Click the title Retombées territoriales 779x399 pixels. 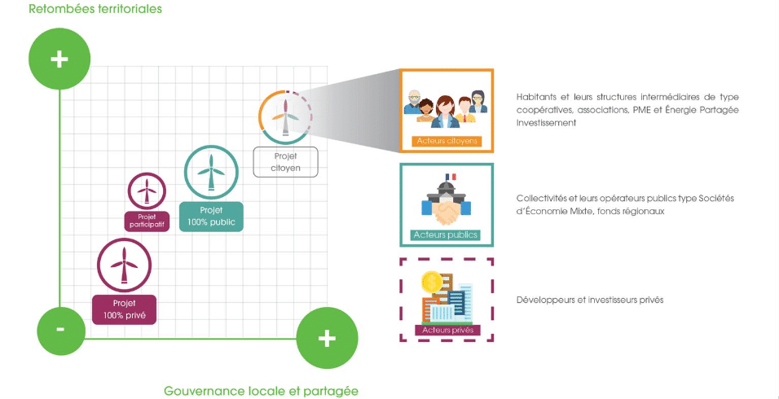[95, 9]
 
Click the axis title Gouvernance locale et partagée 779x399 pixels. [261, 390]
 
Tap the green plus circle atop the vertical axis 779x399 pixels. [59, 60]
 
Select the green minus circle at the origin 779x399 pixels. [61, 330]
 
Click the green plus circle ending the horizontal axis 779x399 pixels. [326, 338]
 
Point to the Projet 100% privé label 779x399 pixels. [124, 309]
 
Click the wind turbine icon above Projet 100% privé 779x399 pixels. [124, 265]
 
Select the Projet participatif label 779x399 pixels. [147, 221]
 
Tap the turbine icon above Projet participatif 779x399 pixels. [147, 191]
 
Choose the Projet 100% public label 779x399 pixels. [210, 216]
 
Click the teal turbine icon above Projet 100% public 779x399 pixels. [211, 172]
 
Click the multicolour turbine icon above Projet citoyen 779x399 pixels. [285, 117]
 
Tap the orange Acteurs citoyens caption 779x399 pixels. [446, 141]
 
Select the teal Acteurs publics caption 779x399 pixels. [446, 235]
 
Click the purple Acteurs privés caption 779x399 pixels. [446, 330]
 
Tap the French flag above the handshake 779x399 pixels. [447, 177]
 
